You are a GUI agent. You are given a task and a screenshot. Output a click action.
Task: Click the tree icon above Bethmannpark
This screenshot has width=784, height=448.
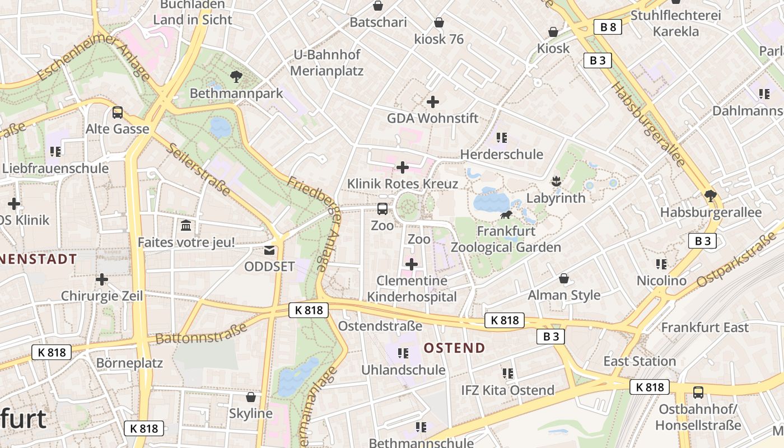click(x=236, y=76)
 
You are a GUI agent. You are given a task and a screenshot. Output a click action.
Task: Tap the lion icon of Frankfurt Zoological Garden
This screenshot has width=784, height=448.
click(x=506, y=215)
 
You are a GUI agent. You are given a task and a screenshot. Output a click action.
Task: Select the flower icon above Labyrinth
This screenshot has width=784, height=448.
click(x=556, y=181)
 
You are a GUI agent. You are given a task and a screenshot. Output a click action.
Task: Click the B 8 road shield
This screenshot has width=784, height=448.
click(x=608, y=26)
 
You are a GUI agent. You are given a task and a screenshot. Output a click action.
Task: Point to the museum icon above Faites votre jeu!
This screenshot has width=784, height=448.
click(x=186, y=226)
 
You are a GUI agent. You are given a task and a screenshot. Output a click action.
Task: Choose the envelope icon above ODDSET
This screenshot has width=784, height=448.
click(x=269, y=250)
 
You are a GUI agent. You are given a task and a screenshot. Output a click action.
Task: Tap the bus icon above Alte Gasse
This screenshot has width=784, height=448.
click(x=117, y=112)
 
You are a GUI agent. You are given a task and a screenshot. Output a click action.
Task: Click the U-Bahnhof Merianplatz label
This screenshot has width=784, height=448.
click(x=327, y=63)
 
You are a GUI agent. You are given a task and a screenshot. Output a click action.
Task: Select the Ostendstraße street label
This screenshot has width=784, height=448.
click(x=380, y=326)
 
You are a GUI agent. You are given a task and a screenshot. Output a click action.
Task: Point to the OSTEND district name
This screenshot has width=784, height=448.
click(x=454, y=348)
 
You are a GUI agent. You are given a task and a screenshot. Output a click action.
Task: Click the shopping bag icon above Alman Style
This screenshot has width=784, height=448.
click(x=564, y=278)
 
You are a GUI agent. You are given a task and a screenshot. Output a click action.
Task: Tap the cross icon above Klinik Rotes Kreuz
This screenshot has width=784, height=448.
click(x=402, y=167)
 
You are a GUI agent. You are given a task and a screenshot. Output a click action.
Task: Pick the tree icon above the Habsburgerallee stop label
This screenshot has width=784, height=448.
click(x=711, y=195)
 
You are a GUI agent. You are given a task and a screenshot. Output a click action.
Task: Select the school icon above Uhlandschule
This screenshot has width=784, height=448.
click(x=403, y=353)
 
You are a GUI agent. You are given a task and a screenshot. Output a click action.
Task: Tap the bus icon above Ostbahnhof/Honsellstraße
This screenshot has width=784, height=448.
click(x=698, y=392)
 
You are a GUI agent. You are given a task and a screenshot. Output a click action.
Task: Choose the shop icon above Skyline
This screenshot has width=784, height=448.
click(x=251, y=397)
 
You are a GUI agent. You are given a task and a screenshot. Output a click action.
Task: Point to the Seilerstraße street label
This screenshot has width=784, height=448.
click(x=199, y=169)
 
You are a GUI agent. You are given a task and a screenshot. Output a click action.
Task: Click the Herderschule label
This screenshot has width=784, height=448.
click(x=501, y=154)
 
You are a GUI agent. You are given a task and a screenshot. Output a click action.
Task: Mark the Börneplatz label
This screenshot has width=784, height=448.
click(x=129, y=363)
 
